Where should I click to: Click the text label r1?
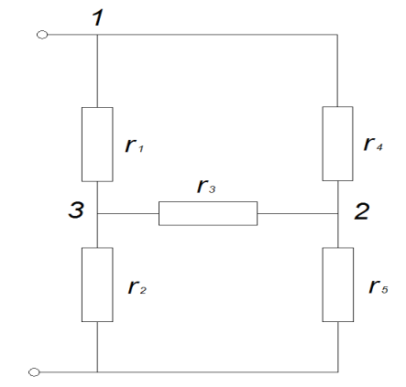134,145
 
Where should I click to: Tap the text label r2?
137,287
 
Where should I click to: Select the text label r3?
206,187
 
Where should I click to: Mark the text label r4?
373,144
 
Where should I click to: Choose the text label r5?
379,286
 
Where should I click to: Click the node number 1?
98,17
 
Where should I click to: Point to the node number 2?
362,211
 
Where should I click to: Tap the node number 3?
76,210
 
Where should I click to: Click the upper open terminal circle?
42,35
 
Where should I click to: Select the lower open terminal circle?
34,372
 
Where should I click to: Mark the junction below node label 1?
97,35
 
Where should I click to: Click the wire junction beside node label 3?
97,213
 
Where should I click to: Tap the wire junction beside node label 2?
337,213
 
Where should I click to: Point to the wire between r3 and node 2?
297,213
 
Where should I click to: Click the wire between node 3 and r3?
128,213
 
